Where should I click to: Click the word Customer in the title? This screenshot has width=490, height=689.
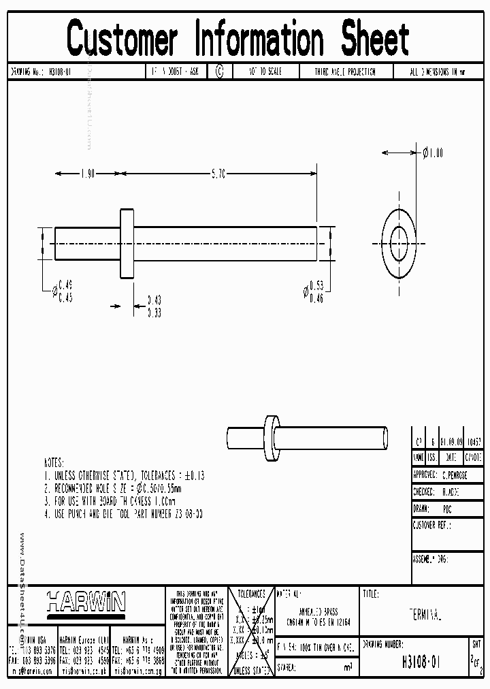click(123, 39)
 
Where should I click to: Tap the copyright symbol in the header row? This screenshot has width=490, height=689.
click(219, 71)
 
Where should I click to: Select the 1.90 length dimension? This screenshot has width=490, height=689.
click(87, 174)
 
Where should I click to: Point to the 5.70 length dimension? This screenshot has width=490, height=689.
click(218, 174)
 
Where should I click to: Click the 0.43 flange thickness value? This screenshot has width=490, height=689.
click(154, 300)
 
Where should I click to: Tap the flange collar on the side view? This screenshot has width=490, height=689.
click(127, 244)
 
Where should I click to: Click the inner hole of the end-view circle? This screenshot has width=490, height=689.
click(398, 243)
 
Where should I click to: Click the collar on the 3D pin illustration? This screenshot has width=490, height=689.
click(272, 436)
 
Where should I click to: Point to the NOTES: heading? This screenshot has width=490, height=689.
click(54, 462)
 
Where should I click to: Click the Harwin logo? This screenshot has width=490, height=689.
click(86, 602)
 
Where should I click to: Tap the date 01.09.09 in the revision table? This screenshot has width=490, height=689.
click(452, 441)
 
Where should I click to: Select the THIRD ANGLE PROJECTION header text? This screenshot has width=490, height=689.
click(345, 71)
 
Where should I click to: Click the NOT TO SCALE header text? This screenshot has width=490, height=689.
click(265, 71)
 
